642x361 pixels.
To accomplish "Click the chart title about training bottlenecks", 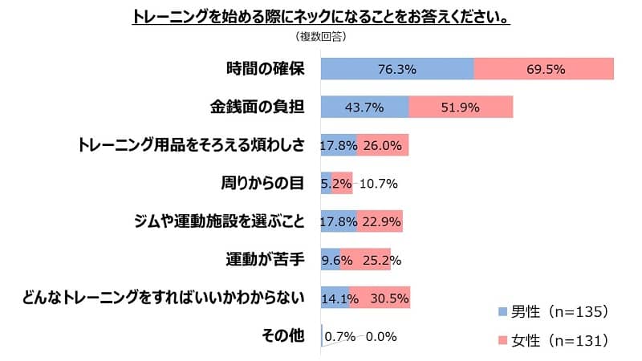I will (x=321, y=18).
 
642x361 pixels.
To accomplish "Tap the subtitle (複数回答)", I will (x=320, y=37).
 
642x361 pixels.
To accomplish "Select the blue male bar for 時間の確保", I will (x=397, y=69).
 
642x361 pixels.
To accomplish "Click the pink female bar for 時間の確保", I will (x=544, y=69).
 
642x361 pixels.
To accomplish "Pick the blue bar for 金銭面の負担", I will (x=364, y=107).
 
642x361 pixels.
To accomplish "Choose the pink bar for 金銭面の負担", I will (x=461, y=107).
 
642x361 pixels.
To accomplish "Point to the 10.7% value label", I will (x=380, y=183).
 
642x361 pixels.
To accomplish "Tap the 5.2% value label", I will (x=336, y=183).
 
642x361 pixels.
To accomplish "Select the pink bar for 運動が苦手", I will (x=365, y=260).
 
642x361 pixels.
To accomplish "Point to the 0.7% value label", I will (x=340, y=336).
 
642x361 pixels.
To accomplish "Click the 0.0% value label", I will (x=381, y=336).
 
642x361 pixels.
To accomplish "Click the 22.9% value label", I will (x=381, y=221).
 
